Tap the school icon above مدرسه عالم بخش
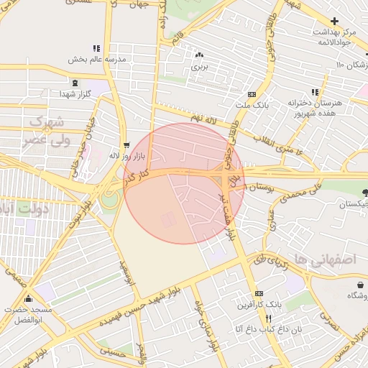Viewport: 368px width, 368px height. [x=96, y=47]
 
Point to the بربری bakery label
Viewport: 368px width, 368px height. [x=198, y=66]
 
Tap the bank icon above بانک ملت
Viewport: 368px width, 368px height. [x=252, y=93]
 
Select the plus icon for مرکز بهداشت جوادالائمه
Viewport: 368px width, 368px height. [x=334, y=21]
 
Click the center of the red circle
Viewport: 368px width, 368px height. [x=184, y=183]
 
